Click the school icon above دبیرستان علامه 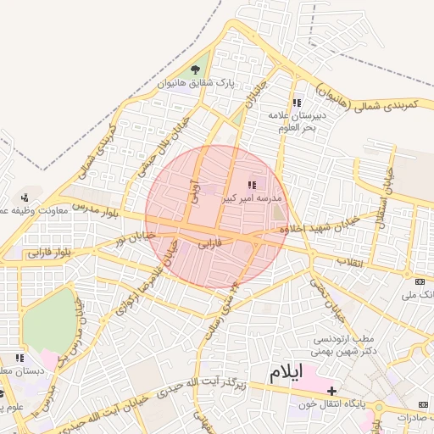click(x=296, y=102)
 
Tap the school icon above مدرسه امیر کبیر click(x=251, y=184)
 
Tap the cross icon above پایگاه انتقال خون click(x=331, y=391)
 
